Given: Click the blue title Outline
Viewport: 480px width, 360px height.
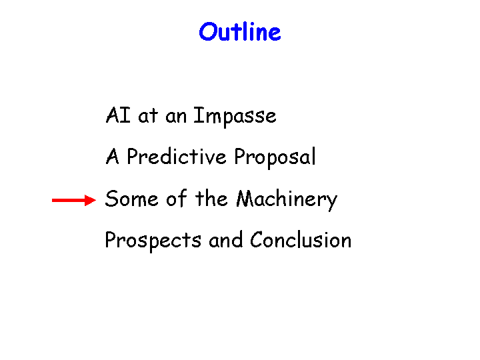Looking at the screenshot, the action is pos(240,31).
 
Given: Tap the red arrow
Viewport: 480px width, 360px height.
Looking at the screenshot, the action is pos(74,200).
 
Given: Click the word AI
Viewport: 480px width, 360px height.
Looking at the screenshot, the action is pos(118,115).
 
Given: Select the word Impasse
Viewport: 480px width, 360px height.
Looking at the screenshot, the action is pos(235,116).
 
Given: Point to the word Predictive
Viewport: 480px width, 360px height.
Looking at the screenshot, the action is pos(177,157).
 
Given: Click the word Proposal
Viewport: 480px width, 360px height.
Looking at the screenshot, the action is pos(275,157).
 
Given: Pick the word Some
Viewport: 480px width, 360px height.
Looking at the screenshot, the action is pos(131,199).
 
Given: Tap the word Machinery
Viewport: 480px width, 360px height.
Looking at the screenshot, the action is pos(287,199).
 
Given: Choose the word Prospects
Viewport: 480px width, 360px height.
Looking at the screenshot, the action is pos(153,241).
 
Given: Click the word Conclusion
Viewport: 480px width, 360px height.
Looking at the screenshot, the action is pos(301,239).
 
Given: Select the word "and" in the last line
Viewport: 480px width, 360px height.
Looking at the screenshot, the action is pos(225,239).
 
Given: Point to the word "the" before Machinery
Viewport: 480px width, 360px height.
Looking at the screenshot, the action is pos(211,198).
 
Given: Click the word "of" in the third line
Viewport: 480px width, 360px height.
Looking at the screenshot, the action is pos(177,198).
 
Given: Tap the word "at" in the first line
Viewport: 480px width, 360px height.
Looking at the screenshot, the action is pos(148,116).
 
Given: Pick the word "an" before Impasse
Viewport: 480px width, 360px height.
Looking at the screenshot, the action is pos(176,117).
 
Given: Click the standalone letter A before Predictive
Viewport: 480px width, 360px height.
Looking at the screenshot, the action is pos(112,157).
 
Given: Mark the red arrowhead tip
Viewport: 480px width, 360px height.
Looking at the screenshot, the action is pos(96,200).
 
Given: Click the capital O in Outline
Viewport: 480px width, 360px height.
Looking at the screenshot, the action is pos(208,32).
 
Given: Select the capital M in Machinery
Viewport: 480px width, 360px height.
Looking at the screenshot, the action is pos(247,199).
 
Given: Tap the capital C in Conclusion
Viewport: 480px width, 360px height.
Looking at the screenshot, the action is pos(257,239).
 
